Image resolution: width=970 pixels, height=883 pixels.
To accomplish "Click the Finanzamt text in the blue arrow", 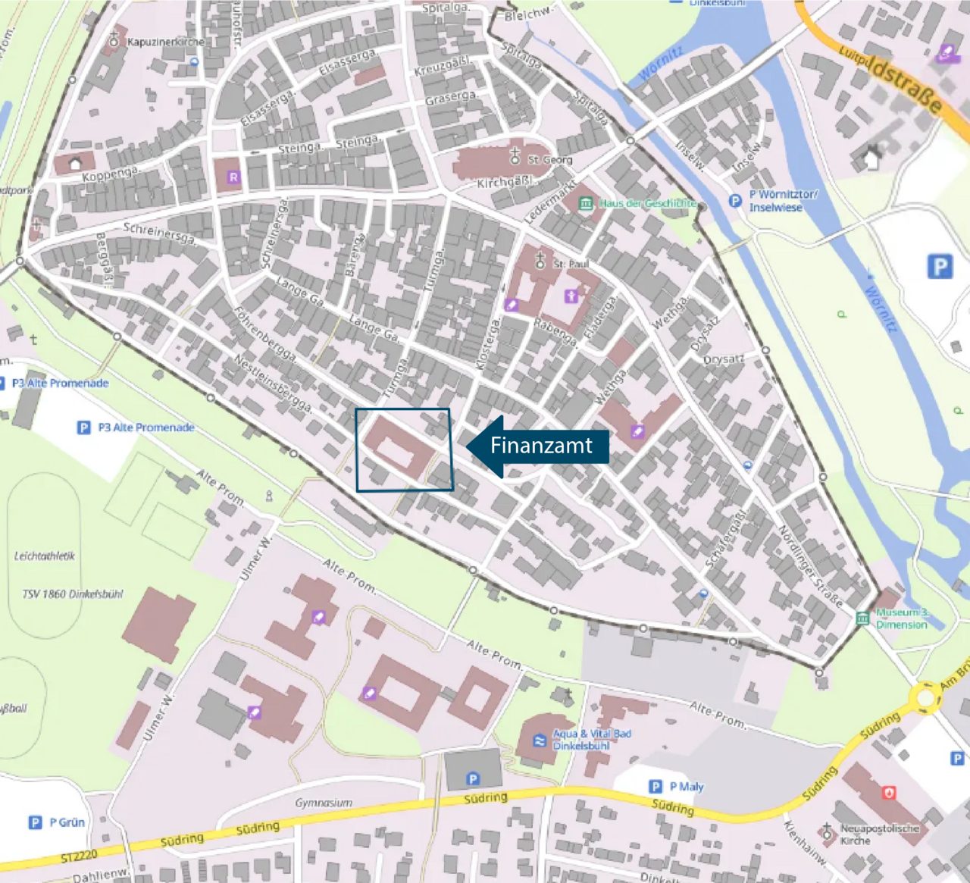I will (541, 446).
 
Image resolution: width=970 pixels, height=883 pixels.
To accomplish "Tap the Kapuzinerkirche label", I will (165, 42).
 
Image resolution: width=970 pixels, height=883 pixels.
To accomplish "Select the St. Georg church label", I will (550, 160).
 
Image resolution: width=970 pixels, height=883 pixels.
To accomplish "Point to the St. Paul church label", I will (571, 264).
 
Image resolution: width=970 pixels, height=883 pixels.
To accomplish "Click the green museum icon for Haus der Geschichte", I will (586, 203).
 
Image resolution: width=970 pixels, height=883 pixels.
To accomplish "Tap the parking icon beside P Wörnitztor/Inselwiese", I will (734, 201).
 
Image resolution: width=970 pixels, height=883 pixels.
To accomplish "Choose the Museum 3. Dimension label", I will (901, 618).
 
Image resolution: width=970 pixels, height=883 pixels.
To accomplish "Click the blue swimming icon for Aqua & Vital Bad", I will (539, 741).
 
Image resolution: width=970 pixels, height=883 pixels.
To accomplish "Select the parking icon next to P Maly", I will (656, 787).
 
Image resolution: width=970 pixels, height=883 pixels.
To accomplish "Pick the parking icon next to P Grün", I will (35, 822).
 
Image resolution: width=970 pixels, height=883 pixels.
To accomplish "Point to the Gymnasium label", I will (324, 803).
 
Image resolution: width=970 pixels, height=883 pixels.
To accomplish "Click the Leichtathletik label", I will (45, 556).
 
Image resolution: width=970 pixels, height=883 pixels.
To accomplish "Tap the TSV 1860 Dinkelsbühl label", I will (72, 593).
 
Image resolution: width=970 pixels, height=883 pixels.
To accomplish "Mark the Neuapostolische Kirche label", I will (879, 834).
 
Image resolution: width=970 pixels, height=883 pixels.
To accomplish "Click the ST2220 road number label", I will (79, 856).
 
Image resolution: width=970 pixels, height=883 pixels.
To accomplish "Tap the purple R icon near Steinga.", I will (233, 177).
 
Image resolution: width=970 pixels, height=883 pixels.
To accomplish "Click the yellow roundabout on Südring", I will (925, 697).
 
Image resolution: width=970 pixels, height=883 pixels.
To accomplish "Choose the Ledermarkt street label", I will (550, 202).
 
